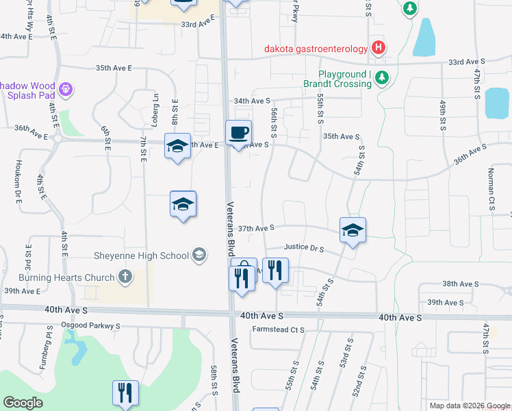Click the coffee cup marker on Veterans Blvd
click(x=239, y=133)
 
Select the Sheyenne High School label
click(x=141, y=256)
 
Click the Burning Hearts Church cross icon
click(x=125, y=276)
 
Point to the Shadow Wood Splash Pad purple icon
click(x=66, y=89)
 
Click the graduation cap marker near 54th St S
click(x=353, y=230)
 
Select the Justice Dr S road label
click(x=304, y=248)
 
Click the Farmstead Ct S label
click(x=278, y=329)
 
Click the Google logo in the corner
click(x=23, y=403)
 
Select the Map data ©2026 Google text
click(x=469, y=406)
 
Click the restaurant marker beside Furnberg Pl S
click(x=126, y=393)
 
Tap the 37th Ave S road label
click(x=256, y=227)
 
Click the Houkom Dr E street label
click(x=19, y=188)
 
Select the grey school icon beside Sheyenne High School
click(x=199, y=256)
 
